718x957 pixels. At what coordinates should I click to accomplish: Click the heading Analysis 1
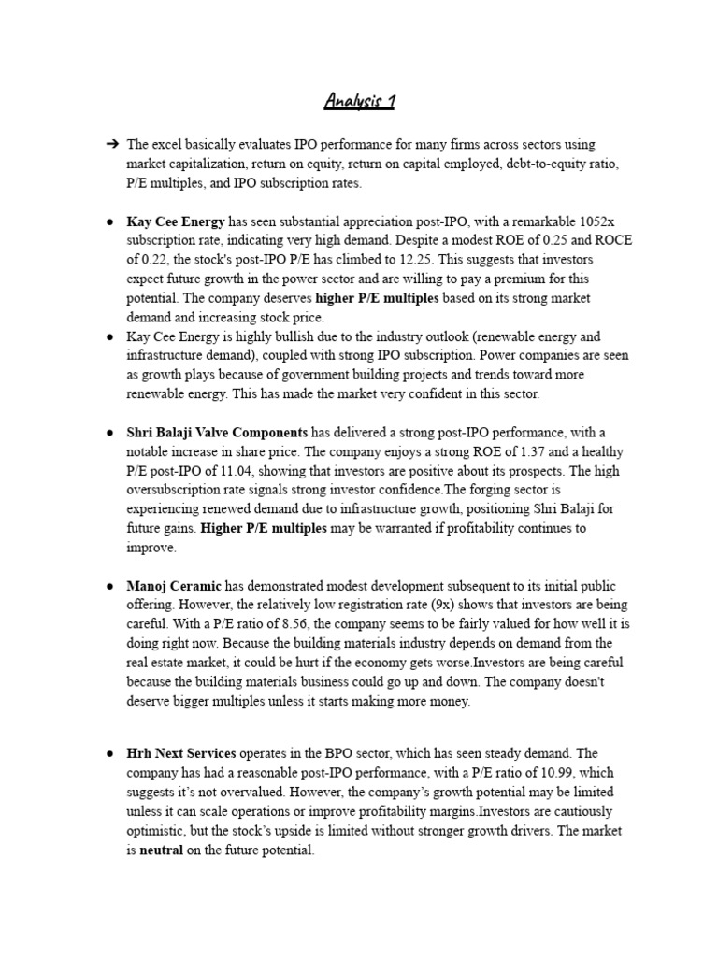click(x=359, y=101)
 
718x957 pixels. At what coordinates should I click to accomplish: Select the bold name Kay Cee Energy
click(x=176, y=222)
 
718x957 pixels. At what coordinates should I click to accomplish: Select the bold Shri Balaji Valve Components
click(x=217, y=433)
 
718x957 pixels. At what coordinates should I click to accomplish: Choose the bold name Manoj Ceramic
click(x=174, y=587)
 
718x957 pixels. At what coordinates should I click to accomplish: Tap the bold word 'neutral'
click(x=162, y=850)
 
